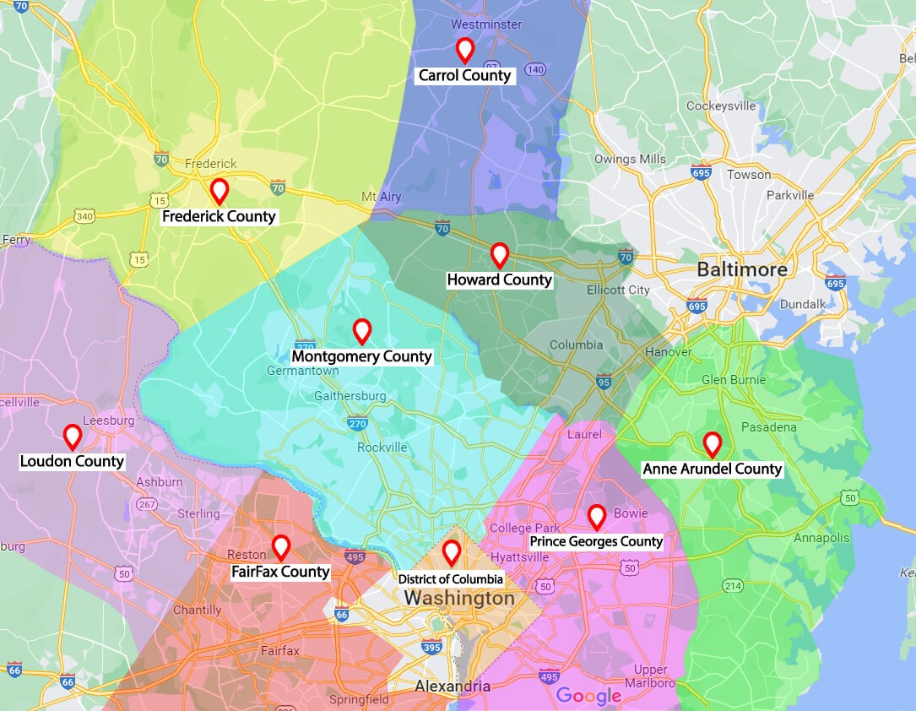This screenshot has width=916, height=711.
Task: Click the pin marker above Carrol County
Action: pos(464,49)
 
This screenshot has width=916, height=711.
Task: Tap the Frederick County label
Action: pos(219,216)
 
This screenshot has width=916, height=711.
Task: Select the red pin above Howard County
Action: pos(500,254)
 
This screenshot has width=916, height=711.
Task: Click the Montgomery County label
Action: pos(361,356)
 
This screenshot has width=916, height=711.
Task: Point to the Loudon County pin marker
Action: pos(73,436)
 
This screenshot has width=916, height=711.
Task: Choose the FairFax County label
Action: pos(280,572)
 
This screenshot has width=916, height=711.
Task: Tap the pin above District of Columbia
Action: pos(452,552)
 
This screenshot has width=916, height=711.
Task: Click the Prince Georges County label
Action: pos(596,541)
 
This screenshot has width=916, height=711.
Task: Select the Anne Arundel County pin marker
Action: pos(713,443)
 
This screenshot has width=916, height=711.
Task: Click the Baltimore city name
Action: pos(742,270)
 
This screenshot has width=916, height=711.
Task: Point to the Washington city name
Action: pos(458,599)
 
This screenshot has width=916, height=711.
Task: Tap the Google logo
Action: pos(588,696)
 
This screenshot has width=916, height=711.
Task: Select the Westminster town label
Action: pos(486,24)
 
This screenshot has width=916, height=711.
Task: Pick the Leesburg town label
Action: pos(109,421)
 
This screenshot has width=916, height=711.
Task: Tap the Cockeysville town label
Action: pos(721,106)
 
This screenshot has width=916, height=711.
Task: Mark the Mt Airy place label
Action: pos(382,196)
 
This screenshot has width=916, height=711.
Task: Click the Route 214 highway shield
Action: pos(733,586)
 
